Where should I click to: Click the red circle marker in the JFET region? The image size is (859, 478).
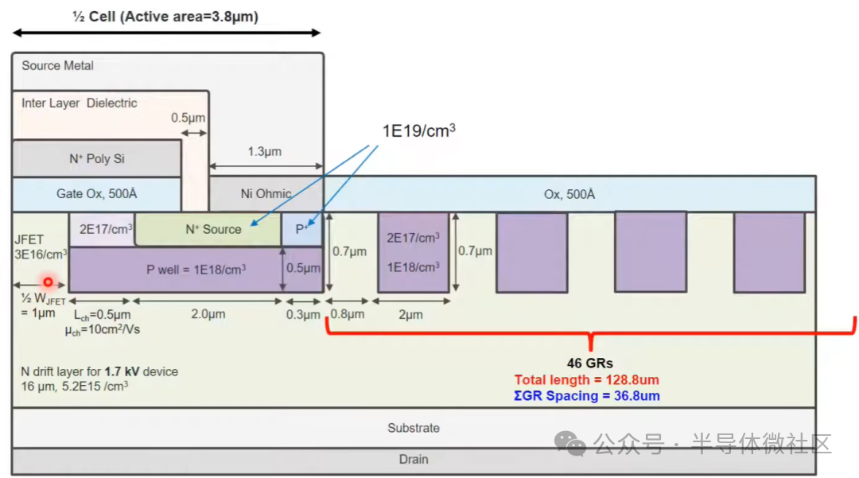pos(49,282)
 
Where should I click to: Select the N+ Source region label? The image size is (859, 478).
pos(213,229)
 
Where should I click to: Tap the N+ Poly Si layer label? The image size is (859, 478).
pos(97,159)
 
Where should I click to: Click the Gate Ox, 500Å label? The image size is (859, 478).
pos(96,193)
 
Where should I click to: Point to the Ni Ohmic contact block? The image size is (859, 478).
pos(266,194)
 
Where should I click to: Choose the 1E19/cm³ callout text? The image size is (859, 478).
pos(418,131)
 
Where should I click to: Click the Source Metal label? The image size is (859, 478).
pos(57,66)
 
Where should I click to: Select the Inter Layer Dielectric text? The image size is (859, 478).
pos(80,103)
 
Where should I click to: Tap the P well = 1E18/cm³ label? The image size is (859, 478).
pos(196,270)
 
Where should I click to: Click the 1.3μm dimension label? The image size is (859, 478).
pos(265,152)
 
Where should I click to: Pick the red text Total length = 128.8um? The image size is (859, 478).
pos(587,380)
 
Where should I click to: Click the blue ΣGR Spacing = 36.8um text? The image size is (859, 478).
pos(587,396)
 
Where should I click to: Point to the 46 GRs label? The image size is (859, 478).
pos(590,363)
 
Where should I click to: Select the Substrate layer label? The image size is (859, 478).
pos(414,428)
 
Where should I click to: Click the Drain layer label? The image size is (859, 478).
pos(414,459)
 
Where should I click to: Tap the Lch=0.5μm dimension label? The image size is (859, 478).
pos(103,315)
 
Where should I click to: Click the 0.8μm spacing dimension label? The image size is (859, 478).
pos(348,314)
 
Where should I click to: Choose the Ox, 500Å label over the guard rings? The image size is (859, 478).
pos(569,194)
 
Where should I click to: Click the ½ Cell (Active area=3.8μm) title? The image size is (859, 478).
pos(165,17)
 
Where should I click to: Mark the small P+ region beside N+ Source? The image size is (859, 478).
pos(302,229)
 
